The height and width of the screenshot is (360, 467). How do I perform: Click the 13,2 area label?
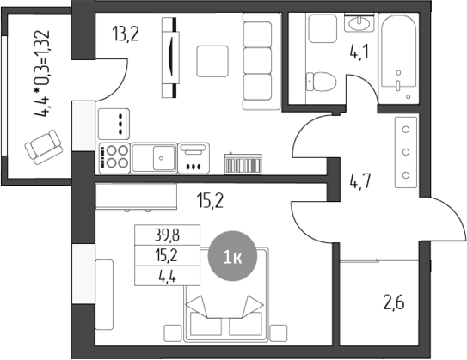click(x=126, y=34)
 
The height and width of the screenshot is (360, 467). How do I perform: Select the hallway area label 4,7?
click(x=360, y=181)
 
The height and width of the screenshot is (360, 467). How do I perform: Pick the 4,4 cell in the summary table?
click(x=167, y=278)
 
